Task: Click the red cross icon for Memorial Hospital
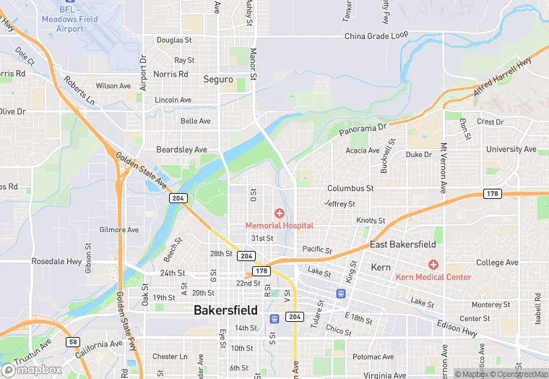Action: point(279,213)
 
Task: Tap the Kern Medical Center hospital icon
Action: point(433,265)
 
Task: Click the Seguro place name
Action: point(218,80)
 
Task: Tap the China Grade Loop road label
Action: point(376,35)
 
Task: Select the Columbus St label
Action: point(350,188)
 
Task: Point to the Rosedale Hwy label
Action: point(56,261)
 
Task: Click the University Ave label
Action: point(511,149)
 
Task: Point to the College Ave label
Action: point(497,263)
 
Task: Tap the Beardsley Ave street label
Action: point(182,149)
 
